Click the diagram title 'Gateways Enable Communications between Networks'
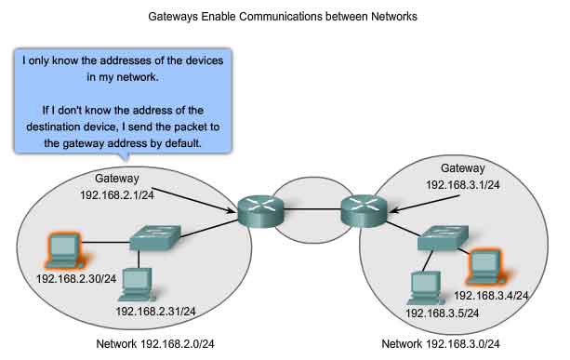point(285,16)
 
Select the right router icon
point(362,207)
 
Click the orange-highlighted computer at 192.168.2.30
point(63,248)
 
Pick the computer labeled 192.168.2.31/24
point(137,282)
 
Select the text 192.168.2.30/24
point(76,278)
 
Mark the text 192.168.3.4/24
point(491,295)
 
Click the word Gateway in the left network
point(116,179)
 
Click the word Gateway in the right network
point(463,168)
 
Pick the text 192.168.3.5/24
point(443,313)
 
